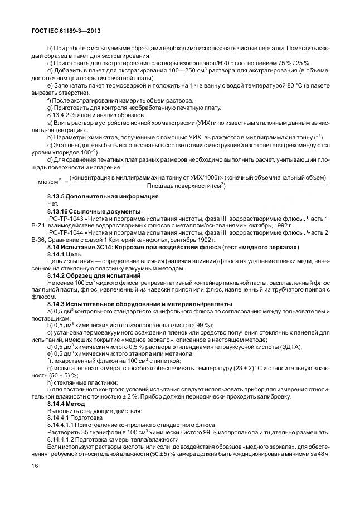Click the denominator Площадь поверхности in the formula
[181, 186]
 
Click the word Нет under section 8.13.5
[53, 204]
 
